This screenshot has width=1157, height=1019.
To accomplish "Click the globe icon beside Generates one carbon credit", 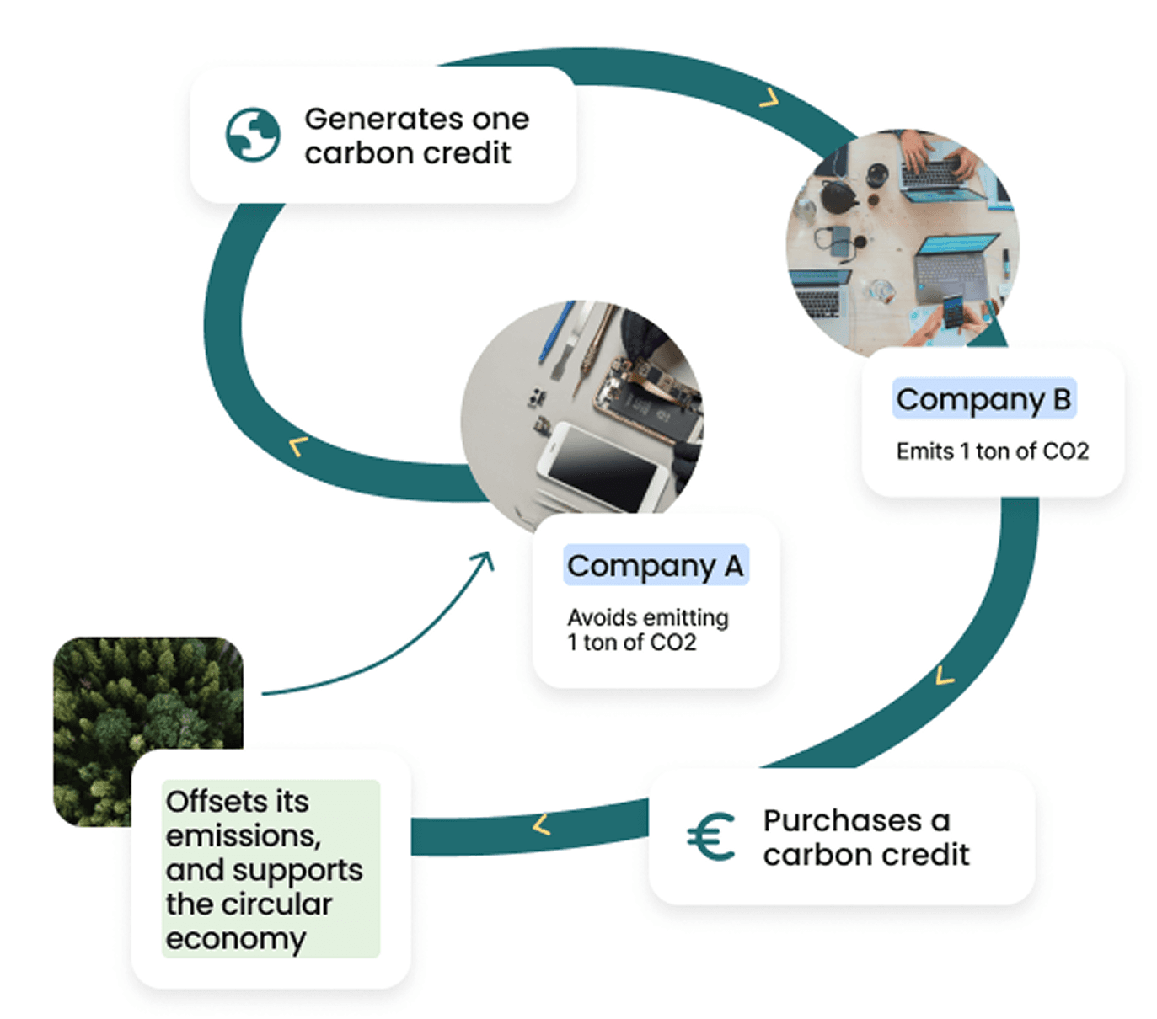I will [x=253, y=135].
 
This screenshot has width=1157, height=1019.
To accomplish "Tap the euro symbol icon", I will [x=711, y=837].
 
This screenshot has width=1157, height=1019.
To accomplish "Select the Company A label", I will [x=656, y=566].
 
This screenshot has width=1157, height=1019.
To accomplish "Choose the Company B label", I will [x=983, y=399].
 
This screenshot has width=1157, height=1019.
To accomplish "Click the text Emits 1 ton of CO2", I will [x=992, y=451].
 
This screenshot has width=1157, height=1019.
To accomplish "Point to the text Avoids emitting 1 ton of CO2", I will [x=647, y=630].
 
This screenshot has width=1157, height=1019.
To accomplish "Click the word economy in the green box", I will [x=236, y=938].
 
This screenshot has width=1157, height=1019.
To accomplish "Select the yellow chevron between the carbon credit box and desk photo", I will [x=769, y=99].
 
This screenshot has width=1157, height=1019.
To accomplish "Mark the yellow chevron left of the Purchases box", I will [x=542, y=824].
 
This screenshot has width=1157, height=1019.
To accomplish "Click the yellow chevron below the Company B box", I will [x=945, y=675].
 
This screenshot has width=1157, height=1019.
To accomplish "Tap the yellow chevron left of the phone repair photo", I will [x=297, y=445].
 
